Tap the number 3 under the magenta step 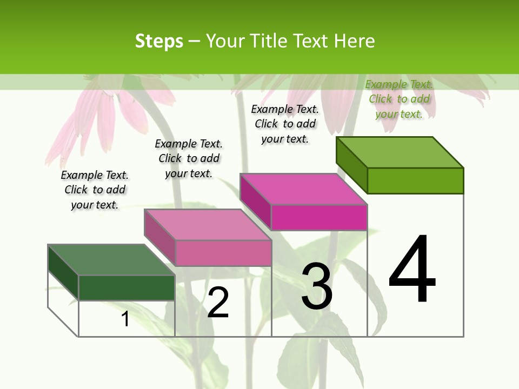tap(316, 286)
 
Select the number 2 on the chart tap(218, 302)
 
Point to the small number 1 tap(125, 319)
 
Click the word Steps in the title tap(159, 41)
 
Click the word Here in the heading tap(355, 41)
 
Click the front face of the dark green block tap(127, 287)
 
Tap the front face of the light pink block tap(223, 253)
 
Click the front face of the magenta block tap(319, 217)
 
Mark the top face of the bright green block tap(400, 152)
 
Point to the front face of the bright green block tap(415, 180)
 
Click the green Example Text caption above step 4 tap(399, 99)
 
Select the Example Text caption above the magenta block tap(285, 124)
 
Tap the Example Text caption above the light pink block tap(189, 158)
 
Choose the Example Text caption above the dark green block tap(95, 190)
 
